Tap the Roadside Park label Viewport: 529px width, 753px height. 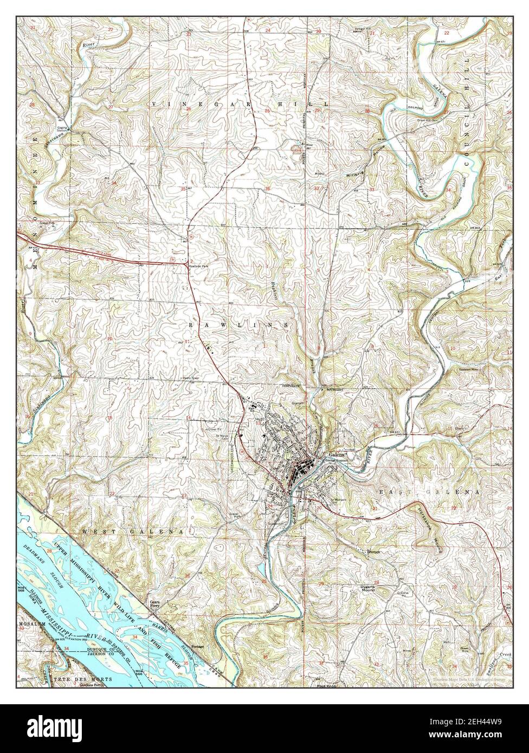coord(195,267)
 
